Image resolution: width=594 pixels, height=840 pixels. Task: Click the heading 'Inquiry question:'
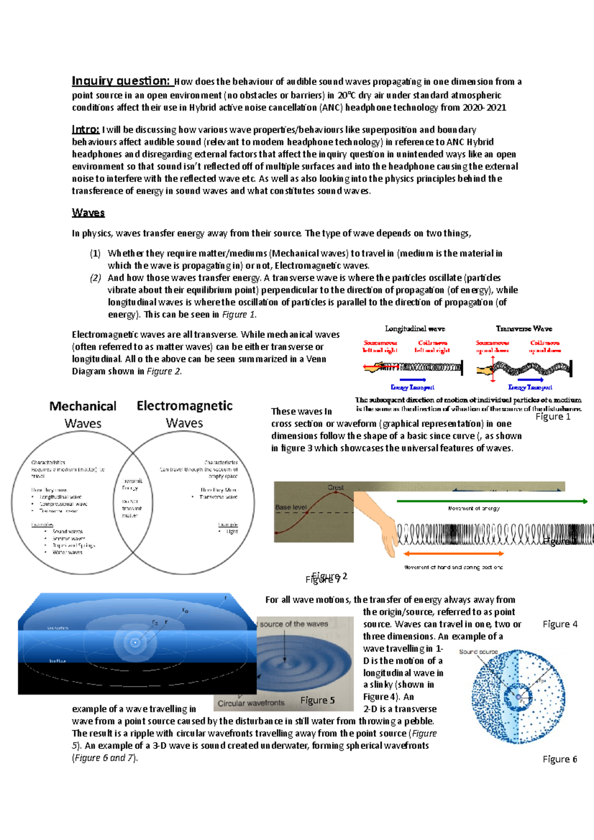[x=121, y=81]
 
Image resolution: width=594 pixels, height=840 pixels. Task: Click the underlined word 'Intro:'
[x=86, y=130]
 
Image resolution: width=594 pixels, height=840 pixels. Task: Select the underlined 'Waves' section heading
[x=88, y=213]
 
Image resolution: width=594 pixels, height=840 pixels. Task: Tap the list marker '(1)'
[x=95, y=254]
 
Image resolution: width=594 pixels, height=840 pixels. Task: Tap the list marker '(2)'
[x=95, y=278]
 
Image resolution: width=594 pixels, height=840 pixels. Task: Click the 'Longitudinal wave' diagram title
[x=415, y=328]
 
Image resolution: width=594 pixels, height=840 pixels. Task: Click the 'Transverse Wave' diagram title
[x=524, y=328]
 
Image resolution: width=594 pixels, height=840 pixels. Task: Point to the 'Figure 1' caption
[x=553, y=417]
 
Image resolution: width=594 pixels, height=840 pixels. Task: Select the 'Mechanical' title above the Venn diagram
[x=83, y=406]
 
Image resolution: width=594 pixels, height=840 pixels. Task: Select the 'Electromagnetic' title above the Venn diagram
[x=184, y=406]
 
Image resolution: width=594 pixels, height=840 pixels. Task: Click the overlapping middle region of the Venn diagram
[x=132, y=500]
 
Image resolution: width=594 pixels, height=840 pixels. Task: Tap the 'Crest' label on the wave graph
[x=336, y=487]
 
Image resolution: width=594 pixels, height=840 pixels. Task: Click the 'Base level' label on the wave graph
[x=291, y=507]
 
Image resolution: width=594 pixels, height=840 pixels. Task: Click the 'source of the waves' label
[x=294, y=624]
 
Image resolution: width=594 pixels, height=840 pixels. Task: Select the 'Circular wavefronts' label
[x=251, y=703]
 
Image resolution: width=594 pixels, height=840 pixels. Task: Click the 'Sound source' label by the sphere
[x=478, y=652]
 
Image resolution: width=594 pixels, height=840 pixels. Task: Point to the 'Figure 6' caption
[x=559, y=759]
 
